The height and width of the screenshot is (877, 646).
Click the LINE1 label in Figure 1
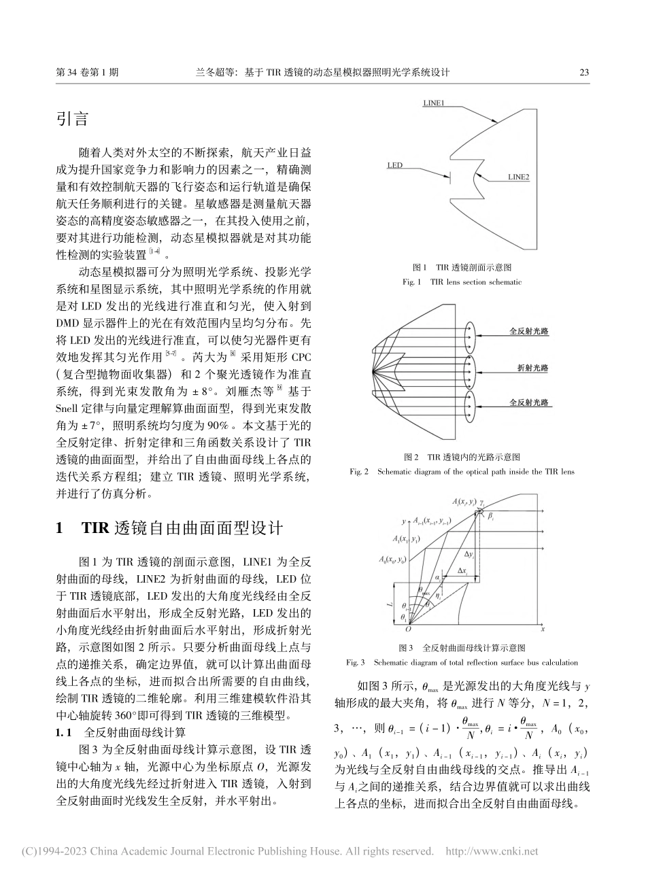coord(434,104)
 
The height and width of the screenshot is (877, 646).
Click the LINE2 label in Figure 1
coord(519,177)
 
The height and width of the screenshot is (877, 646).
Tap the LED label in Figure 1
coord(395,165)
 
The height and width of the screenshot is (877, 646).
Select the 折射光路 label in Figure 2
coord(528,367)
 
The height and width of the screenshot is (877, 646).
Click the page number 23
coord(583,71)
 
